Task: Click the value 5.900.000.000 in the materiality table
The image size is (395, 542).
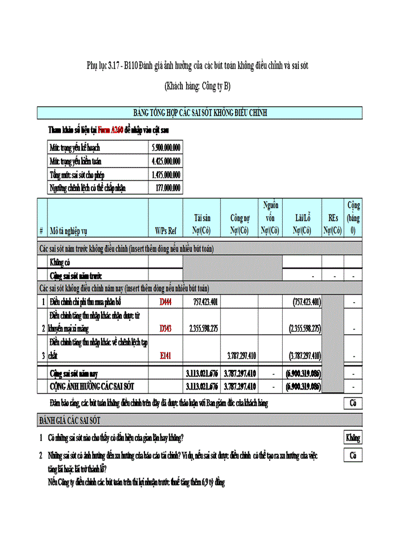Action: [x=166, y=147]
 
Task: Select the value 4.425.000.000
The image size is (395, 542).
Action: [x=166, y=161]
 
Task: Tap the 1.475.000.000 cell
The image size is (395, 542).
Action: [x=166, y=174]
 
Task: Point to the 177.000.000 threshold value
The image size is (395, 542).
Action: [x=168, y=188]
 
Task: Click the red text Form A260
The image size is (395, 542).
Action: [x=110, y=130]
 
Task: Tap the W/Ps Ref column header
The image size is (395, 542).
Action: [x=165, y=230]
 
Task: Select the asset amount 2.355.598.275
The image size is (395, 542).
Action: [x=204, y=328]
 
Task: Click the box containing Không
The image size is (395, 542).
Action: [x=353, y=438]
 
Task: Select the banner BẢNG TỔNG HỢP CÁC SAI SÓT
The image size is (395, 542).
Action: [x=200, y=113]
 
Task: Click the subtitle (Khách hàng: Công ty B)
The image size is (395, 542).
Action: [x=197, y=86]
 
